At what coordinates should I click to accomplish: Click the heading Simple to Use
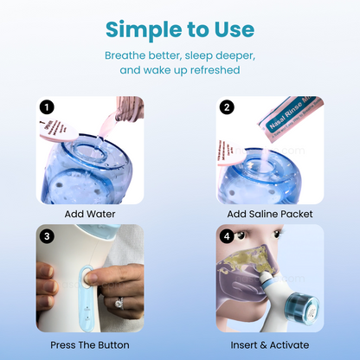coord(180,29)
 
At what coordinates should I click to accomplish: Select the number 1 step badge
coord(48,108)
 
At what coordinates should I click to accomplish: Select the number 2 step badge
coord(227,108)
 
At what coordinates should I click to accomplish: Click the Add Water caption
coord(90,214)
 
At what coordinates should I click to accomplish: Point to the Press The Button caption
coord(90,344)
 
